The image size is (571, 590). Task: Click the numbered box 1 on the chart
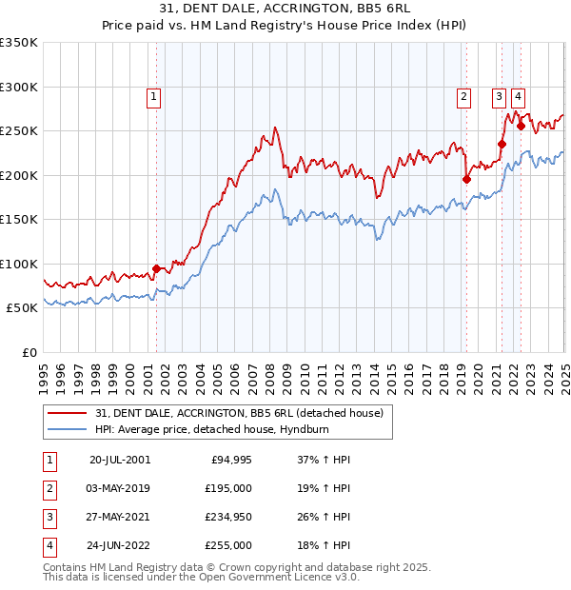(153, 95)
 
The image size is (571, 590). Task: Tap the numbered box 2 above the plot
(463, 95)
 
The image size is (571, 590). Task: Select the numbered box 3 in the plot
(499, 95)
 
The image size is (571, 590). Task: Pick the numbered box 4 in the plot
(518, 95)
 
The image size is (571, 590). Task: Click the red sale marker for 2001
(156, 268)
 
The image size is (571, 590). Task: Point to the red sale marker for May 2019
(466, 179)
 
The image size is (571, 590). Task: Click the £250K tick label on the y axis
(19, 131)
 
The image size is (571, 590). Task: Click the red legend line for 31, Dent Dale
(68, 413)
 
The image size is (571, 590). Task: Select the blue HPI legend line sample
(68, 429)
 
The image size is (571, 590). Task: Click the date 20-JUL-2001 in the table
(120, 460)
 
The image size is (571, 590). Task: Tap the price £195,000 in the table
(229, 488)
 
